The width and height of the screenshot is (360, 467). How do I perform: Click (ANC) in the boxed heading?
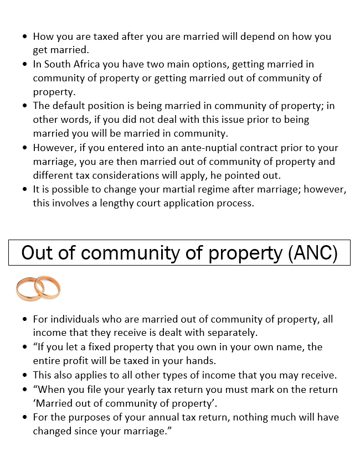pos(313,252)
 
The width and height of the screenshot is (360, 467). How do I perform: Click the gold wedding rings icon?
pos(38,289)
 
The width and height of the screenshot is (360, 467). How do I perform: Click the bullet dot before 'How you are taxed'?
pos(25,37)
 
